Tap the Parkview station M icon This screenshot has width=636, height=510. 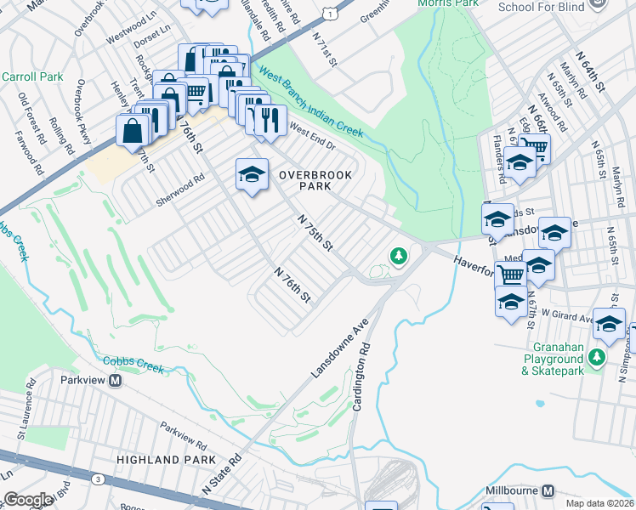116,381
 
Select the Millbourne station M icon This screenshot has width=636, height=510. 548,491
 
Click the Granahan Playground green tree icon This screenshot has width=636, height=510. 599,356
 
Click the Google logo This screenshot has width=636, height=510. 29,499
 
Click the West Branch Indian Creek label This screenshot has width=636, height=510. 311,102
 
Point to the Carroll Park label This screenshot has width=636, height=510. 32,76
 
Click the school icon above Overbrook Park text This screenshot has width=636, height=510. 252,174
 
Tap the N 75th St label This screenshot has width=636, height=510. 315,231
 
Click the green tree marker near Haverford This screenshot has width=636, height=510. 397,255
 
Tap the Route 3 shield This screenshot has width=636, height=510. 99,480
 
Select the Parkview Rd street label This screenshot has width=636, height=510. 183,434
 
